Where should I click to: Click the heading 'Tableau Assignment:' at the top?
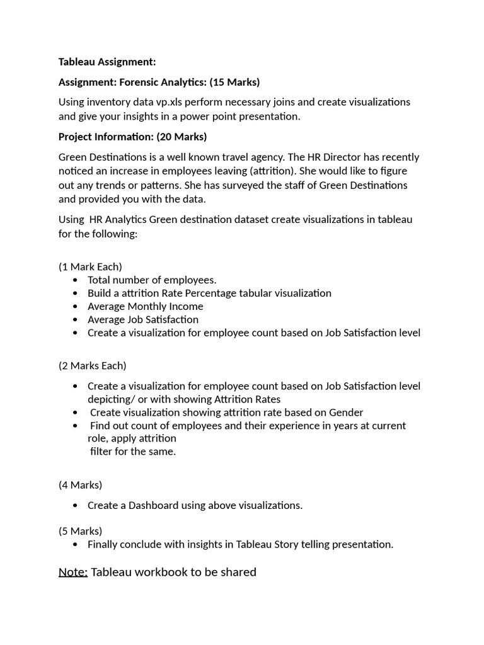[x=107, y=62]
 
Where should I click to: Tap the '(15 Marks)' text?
[x=234, y=83]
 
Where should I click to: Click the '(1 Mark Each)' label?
[x=90, y=266]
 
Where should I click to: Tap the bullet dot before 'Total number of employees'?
[x=76, y=280]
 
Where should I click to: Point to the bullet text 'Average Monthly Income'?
[x=145, y=306]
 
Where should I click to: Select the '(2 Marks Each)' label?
[x=92, y=365]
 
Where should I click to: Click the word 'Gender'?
[x=345, y=413]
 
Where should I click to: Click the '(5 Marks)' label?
[x=80, y=531]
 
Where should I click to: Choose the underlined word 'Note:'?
[x=73, y=572]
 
